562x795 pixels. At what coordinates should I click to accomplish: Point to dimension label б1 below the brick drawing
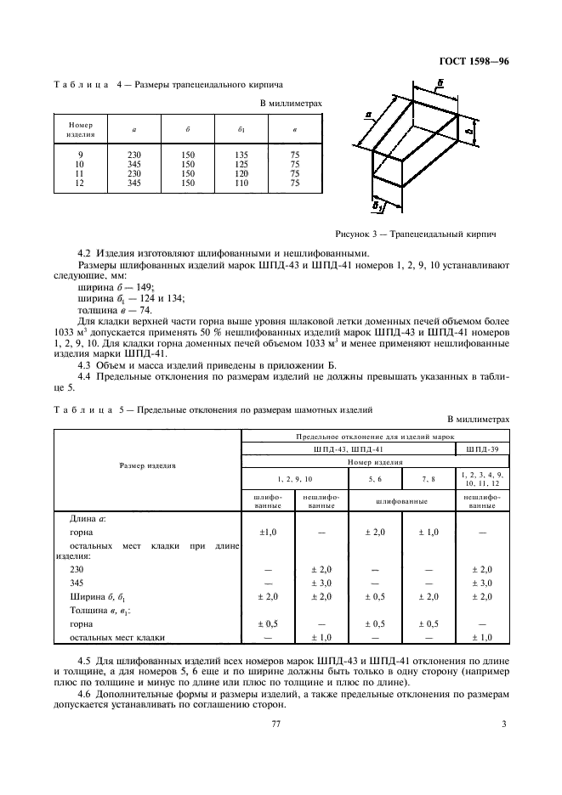[380, 206]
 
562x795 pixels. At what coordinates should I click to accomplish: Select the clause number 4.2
[83, 253]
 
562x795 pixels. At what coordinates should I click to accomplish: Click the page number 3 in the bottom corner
[503, 725]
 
